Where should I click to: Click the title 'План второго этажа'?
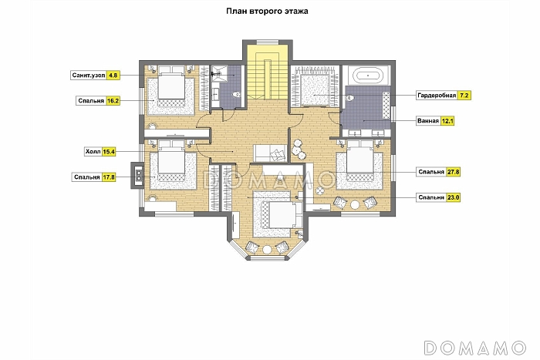coord(267,11)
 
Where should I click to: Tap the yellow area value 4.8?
coord(113,75)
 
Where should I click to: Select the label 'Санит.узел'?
coord(89,75)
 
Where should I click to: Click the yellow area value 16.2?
coord(113,101)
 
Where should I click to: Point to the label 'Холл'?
coord(93,151)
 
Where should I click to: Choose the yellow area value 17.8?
coord(109,177)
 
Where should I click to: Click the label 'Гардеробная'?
coord(437,96)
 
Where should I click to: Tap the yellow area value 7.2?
coord(464,96)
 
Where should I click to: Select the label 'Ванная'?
coord(428,121)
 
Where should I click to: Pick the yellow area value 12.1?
coord(447,121)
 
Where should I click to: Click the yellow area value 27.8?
coord(454,172)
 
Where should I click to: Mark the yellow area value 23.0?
coord(454,197)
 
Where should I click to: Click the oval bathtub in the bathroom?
coord(368,75)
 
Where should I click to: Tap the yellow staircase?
coord(267,72)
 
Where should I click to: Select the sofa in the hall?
coord(270,153)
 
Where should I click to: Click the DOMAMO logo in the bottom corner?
coord(475,348)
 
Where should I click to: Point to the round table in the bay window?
coord(267,250)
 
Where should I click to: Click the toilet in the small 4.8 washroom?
coord(237,94)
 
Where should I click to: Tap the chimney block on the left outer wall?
coord(137,175)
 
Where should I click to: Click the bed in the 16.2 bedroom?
coord(171,88)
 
